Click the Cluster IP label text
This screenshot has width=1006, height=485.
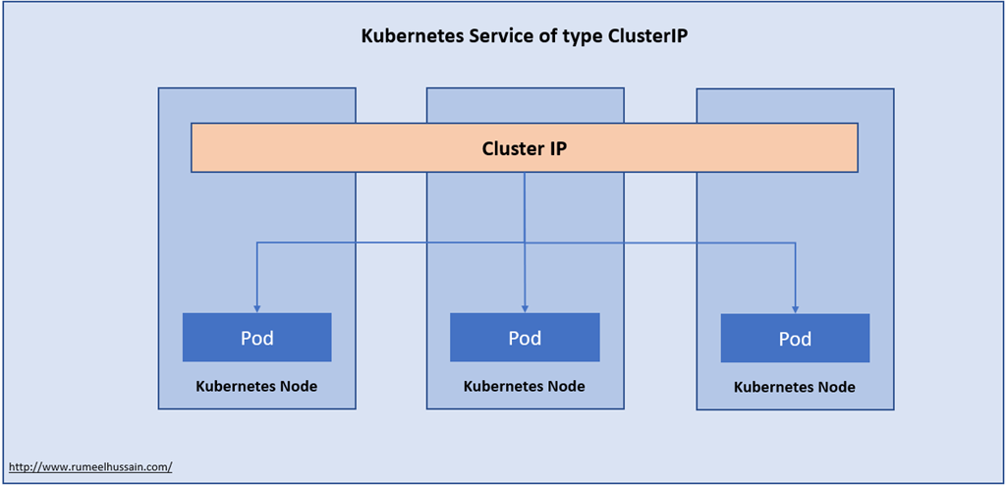coord(525,148)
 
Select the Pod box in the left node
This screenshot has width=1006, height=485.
coord(256,338)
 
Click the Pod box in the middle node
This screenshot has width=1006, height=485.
coord(525,338)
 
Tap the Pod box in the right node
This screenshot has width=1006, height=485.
coord(795,339)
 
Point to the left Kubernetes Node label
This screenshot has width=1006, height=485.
coord(256,386)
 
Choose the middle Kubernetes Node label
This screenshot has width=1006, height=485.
coord(525,386)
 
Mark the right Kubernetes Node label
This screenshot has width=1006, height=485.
coord(795,387)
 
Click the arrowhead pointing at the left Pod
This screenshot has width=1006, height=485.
coord(257,308)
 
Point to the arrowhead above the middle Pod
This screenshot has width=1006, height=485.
coord(525,308)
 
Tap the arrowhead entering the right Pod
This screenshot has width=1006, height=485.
coord(795,309)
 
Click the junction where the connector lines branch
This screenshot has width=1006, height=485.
coord(525,242)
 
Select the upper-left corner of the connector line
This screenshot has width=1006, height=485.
coord(257,242)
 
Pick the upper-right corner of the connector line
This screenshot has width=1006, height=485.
coord(795,242)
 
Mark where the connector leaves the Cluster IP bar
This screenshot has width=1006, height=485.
coord(525,174)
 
